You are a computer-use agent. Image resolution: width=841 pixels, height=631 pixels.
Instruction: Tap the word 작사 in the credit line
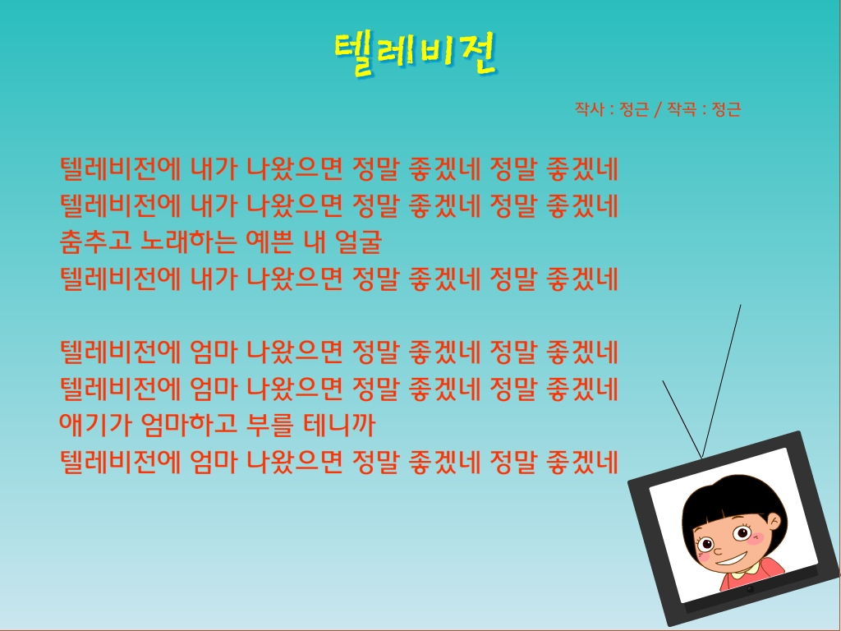click(x=590, y=109)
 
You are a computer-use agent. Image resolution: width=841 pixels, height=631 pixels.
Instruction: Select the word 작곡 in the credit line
click(x=682, y=109)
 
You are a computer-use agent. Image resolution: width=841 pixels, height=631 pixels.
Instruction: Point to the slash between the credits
click(x=658, y=109)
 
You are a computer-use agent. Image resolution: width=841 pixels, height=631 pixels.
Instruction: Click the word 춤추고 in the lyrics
click(x=95, y=242)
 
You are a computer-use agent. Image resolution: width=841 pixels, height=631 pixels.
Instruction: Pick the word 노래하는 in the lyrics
click(x=188, y=242)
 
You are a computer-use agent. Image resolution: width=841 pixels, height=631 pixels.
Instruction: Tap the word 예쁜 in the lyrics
click(x=269, y=242)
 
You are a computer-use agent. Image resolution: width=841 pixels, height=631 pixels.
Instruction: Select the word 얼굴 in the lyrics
click(x=358, y=242)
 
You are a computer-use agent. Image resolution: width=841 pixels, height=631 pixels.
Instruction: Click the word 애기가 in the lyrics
click(x=95, y=425)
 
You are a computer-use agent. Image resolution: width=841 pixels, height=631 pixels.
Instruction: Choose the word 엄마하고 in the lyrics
click(x=188, y=425)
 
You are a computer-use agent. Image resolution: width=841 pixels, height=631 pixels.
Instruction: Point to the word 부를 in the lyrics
click(x=269, y=425)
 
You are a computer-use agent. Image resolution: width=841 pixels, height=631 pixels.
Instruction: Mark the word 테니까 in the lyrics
click(x=339, y=425)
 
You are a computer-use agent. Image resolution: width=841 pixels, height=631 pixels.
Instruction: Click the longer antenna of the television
click(x=721, y=381)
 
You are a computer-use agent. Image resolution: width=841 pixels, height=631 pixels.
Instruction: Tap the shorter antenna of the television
click(x=682, y=419)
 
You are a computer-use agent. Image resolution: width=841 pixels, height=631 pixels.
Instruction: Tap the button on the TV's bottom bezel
click(x=751, y=589)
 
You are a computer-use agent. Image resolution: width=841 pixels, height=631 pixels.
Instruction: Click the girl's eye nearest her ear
click(x=742, y=532)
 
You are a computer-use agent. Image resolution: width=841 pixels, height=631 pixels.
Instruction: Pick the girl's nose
click(x=718, y=550)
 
